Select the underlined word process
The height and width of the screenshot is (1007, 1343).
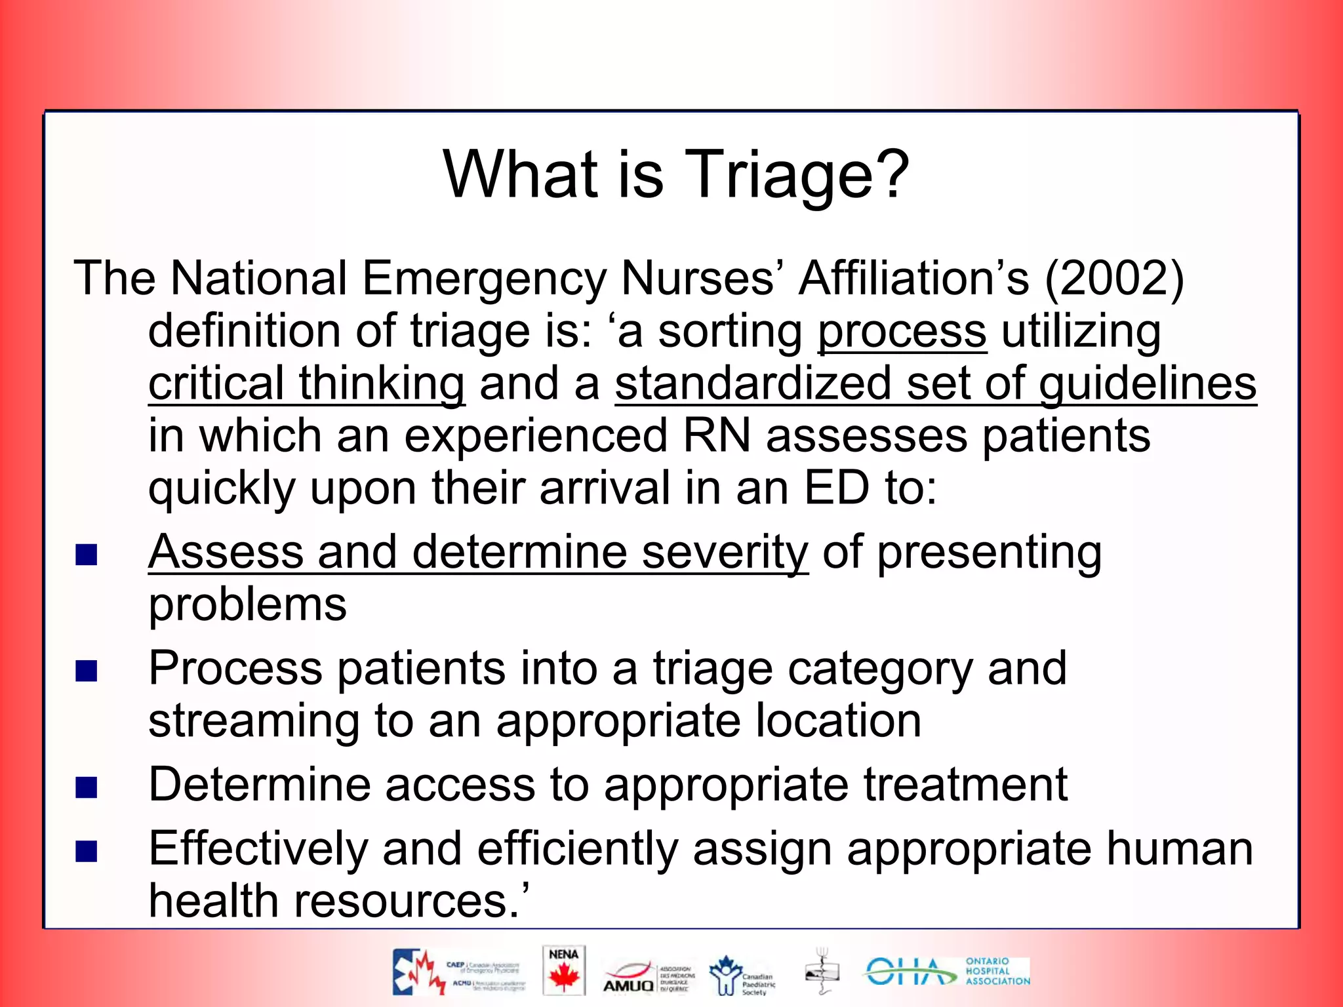click(x=902, y=332)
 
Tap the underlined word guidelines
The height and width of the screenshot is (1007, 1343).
click(x=1148, y=385)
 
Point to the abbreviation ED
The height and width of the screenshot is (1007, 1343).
click(x=837, y=488)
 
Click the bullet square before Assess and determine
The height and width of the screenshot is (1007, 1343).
click(x=87, y=555)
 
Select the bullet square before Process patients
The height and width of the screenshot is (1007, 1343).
click(x=87, y=671)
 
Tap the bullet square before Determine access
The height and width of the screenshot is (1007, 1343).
click(x=87, y=787)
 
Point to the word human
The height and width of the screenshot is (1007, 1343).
click(x=1180, y=849)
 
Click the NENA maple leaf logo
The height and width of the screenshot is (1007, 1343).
click(x=563, y=971)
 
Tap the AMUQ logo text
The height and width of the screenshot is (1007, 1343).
click(x=628, y=985)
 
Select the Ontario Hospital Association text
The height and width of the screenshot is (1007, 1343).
click(x=997, y=972)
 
